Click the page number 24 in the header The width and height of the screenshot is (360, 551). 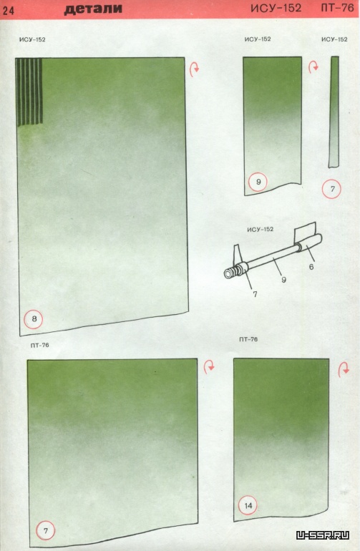pyautogui.click(x=9, y=11)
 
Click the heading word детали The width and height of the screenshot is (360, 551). pyautogui.click(x=93, y=9)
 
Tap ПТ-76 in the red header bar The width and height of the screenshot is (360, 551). pyautogui.click(x=337, y=8)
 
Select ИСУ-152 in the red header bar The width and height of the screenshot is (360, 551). pyautogui.click(x=276, y=8)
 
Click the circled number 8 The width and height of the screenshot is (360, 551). pyautogui.click(x=34, y=319)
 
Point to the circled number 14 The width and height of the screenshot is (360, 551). pyautogui.click(x=248, y=505)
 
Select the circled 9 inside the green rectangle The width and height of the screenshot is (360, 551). pyautogui.click(x=258, y=182)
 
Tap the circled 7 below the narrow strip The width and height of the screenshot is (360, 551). pyautogui.click(x=331, y=189)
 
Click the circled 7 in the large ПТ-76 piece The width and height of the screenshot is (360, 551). pyautogui.click(x=45, y=531)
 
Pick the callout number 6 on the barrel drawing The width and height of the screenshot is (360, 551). pyautogui.click(x=311, y=267)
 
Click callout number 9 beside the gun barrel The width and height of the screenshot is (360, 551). pyautogui.click(x=283, y=280)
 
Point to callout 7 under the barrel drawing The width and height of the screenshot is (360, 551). pyautogui.click(x=255, y=294)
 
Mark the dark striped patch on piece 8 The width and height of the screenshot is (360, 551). pyautogui.click(x=29, y=92)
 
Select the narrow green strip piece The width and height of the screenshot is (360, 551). pyautogui.click(x=334, y=112)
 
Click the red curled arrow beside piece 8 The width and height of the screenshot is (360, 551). pyautogui.click(x=194, y=69)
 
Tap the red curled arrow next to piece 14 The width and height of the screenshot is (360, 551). pyautogui.click(x=344, y=370)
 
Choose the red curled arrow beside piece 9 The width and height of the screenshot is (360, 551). pyautogui.click(x=313, y=67)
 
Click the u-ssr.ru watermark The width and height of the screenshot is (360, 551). pyautogui.click(x=323, y=535)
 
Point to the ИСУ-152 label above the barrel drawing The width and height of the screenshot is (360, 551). pyautogui.click(x=260, y=230)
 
